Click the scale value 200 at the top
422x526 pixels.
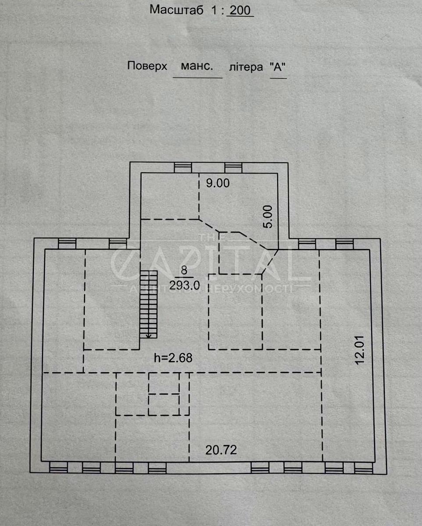tap(240, 10)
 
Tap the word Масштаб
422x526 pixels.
tap(176, 10)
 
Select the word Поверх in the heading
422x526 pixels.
tap(147, 66)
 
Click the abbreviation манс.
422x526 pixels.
tap(197, 66)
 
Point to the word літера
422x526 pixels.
tap(246, 67)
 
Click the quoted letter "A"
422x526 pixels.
tap(278, 67)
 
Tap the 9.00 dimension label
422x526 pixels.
tap(218, 183)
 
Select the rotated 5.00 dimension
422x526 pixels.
tap(268, 217)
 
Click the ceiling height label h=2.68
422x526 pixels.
tap(173, 358)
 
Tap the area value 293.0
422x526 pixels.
tap(185, 285)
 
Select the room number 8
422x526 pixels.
tap(184, 270)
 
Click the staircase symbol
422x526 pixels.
tap(149, 304)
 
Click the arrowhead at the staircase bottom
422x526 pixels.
tap(149, 337)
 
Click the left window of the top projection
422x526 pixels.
tap(183, 168)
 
